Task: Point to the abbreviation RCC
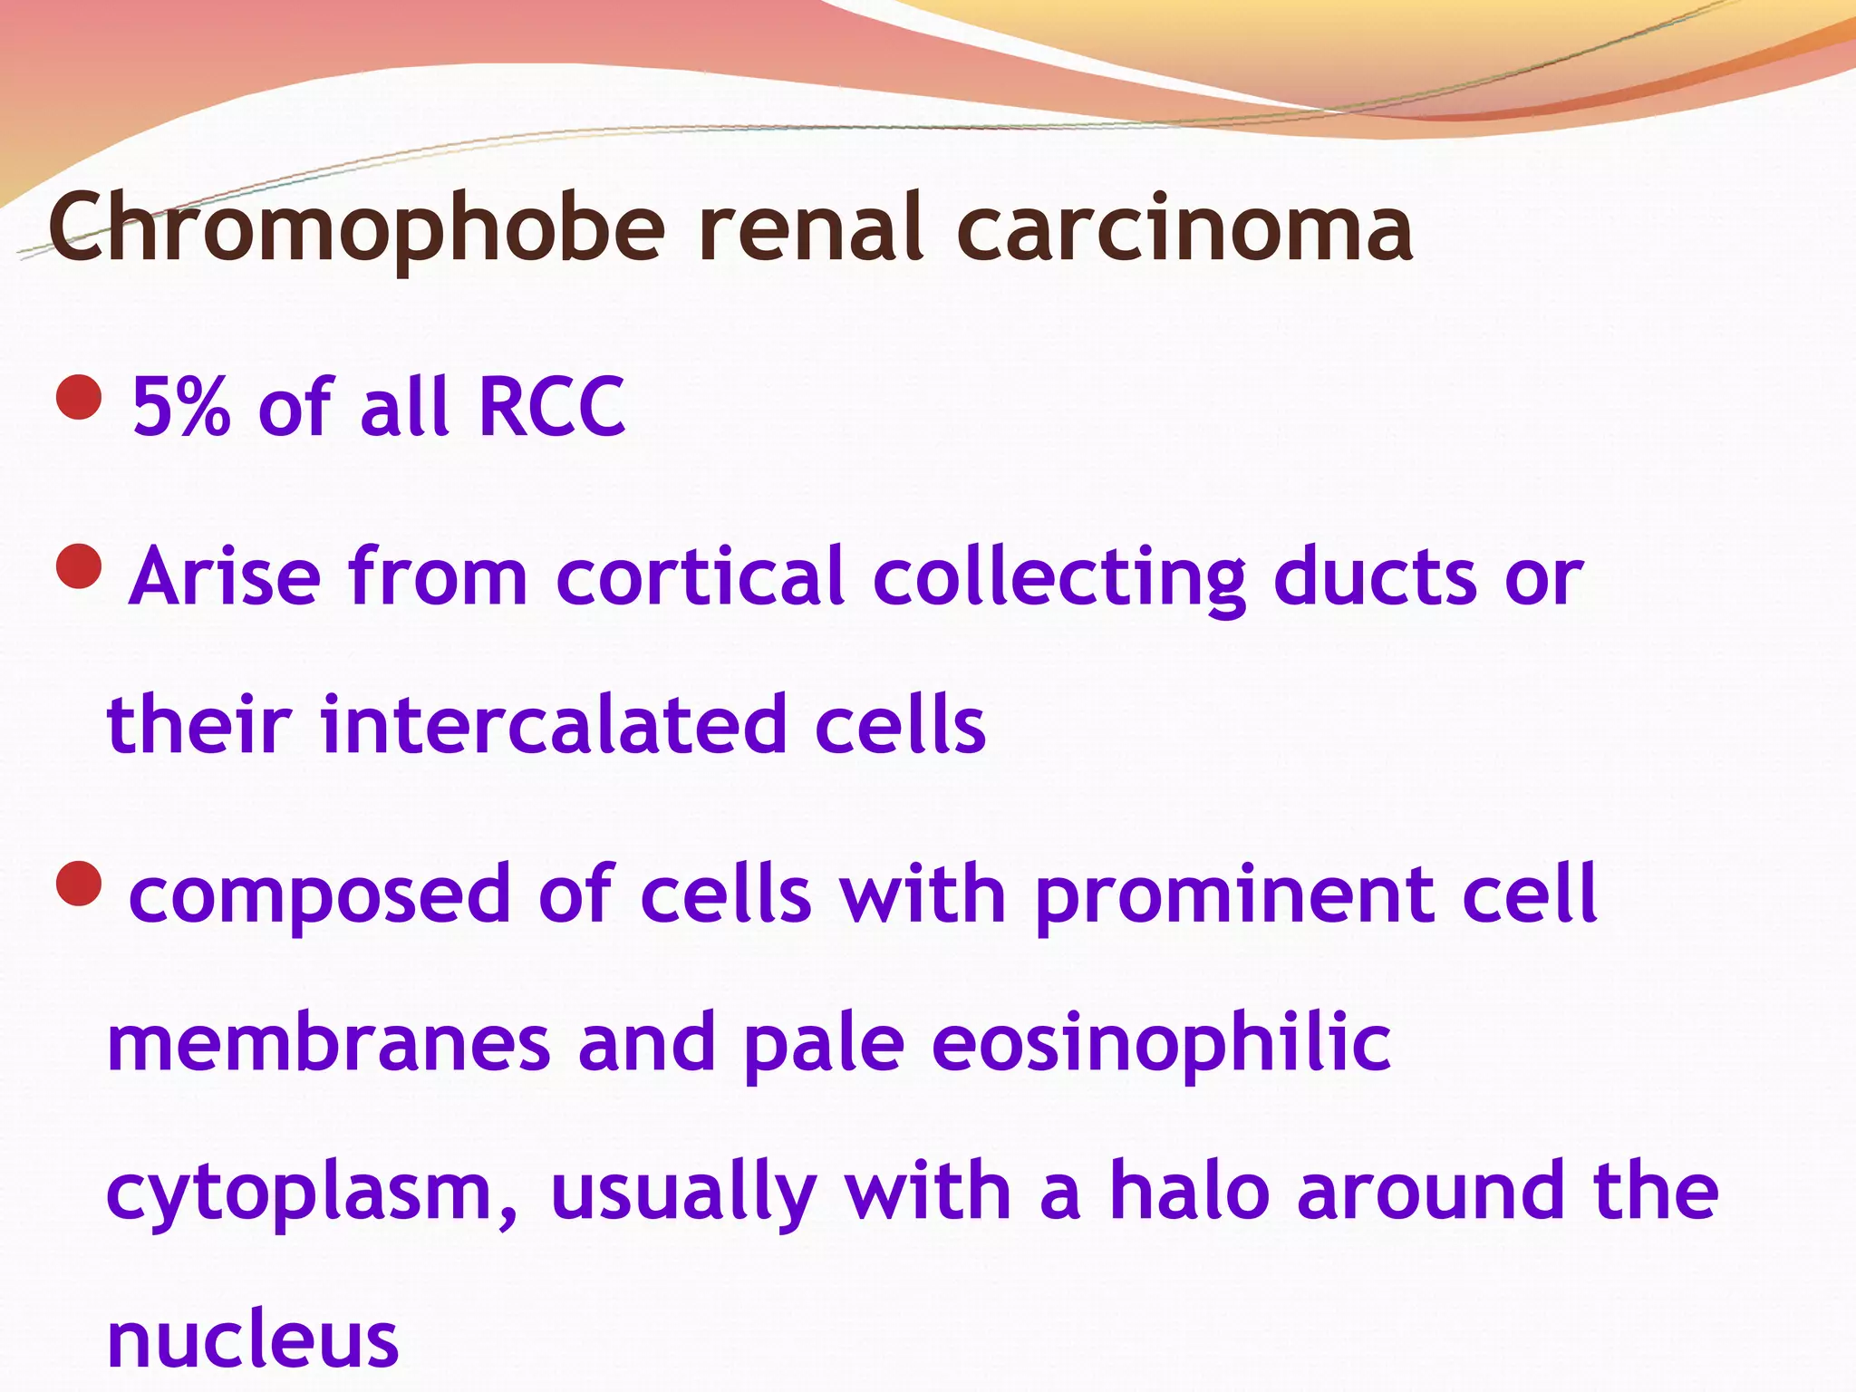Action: pos(551,407)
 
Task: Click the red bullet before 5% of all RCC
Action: pos(79,398)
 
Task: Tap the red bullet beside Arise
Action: pos(79,566)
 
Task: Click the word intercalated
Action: pos(554,725)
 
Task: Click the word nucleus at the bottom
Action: pos(253,1340)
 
